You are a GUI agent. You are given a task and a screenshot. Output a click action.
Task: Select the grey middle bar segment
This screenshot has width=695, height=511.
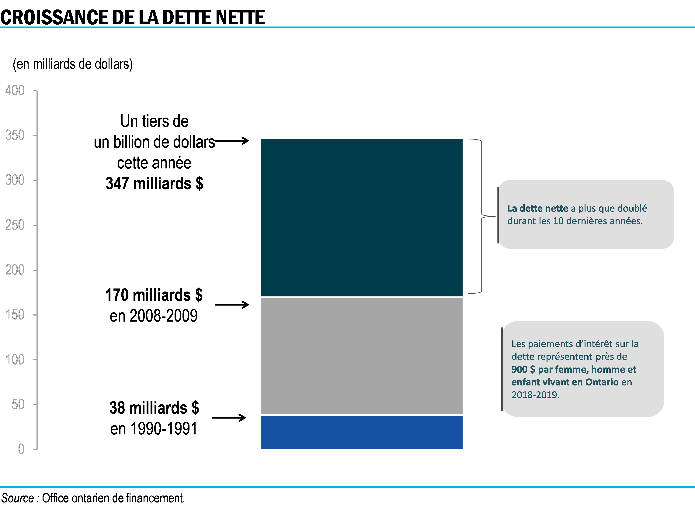coord(361,356)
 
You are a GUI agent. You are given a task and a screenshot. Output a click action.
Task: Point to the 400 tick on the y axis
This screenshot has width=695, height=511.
coord(15,91)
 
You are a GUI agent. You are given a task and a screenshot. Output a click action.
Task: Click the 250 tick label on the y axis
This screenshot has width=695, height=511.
coord(15,225)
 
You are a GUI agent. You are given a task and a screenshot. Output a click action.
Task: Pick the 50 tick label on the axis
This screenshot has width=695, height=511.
coord(18,405)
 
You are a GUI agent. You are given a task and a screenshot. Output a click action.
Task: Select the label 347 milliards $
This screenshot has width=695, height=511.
coord(154,183)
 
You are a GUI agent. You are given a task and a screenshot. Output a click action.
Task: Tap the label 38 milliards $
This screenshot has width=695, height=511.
coord(154,408)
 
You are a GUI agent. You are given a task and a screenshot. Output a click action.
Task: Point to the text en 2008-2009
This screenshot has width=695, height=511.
coord(154,316)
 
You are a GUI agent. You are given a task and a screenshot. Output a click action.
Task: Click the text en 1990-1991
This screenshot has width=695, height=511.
coord(154,429)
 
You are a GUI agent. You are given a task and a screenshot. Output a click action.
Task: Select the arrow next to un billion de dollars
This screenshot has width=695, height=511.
coord(232,141)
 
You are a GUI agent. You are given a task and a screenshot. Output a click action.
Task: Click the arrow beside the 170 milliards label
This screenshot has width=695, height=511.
coord(232,305)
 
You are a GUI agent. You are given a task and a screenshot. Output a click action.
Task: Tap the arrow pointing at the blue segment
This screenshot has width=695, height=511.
coord(229,418)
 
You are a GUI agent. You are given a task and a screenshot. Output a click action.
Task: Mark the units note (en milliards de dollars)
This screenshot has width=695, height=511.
coord(73,64)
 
